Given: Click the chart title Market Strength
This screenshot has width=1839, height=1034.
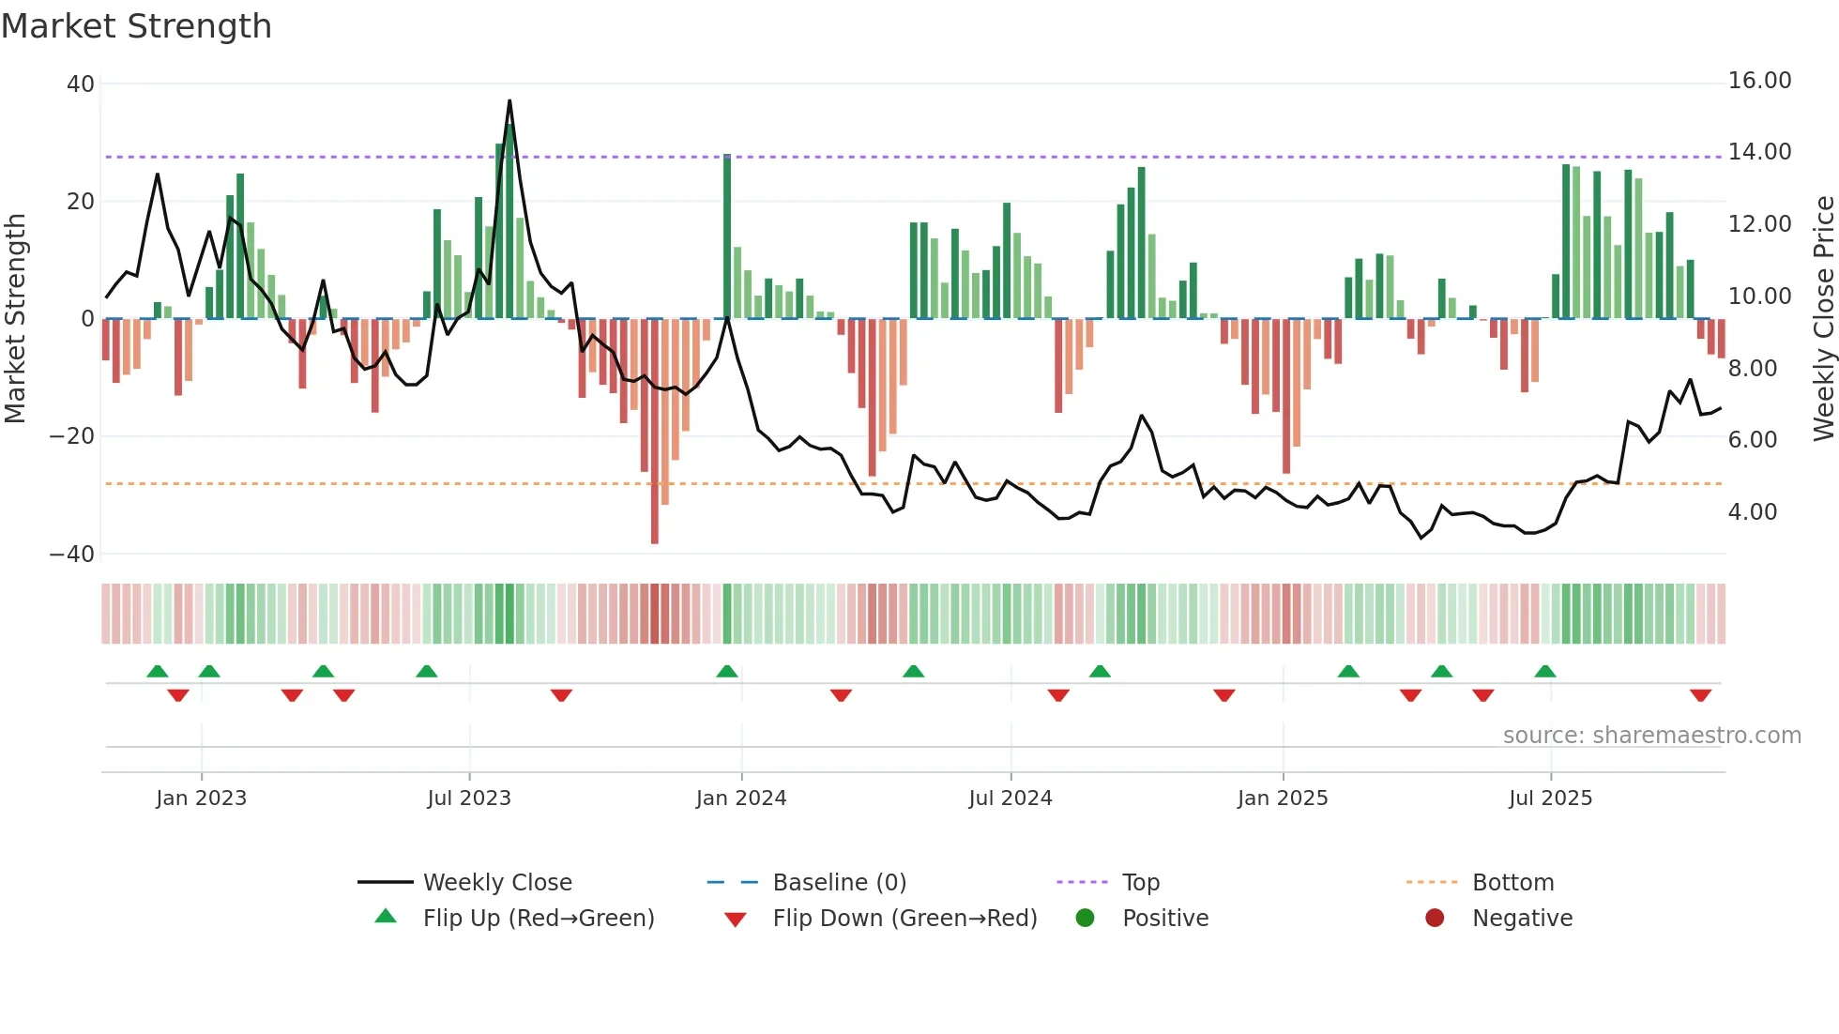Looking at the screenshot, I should point(136,26).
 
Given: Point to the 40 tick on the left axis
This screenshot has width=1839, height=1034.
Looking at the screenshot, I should point(81,84).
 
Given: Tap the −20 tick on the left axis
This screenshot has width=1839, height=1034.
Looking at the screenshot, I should point(72,436).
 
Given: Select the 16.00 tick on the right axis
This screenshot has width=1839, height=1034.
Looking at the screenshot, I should point(1759,81).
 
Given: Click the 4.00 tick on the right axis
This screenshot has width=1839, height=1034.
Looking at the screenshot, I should point(1753,512).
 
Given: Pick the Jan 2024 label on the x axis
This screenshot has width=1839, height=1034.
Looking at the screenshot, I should point(741,798).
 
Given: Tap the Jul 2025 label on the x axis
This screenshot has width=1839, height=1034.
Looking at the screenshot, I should point(1550,798).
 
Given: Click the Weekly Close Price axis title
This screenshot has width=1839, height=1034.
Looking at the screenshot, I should point(1823,318).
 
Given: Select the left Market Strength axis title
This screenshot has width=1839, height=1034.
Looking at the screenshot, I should point(16,318).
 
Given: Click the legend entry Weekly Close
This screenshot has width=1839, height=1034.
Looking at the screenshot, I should point(497,883).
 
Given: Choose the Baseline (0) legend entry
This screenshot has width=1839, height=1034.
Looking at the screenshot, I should point(839,883).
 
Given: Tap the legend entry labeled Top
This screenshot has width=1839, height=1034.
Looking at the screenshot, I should point(1141,883).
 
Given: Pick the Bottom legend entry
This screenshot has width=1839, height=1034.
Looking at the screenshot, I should point(1512,883).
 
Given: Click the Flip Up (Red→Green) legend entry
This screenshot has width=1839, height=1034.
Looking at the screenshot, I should point(538,919).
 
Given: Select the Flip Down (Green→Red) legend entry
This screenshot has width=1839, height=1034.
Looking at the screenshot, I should point(904,919).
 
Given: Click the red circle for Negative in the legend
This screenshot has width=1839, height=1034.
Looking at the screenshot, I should point(1435,918).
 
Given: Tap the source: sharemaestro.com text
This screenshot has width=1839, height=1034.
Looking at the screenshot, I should point(1651,736).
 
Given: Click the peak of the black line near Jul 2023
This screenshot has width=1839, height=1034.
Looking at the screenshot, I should point(509,100).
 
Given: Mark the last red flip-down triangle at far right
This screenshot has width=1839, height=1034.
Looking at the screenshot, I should point(1700,695).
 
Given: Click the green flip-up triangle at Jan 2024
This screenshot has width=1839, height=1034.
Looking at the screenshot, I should point(727,671).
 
